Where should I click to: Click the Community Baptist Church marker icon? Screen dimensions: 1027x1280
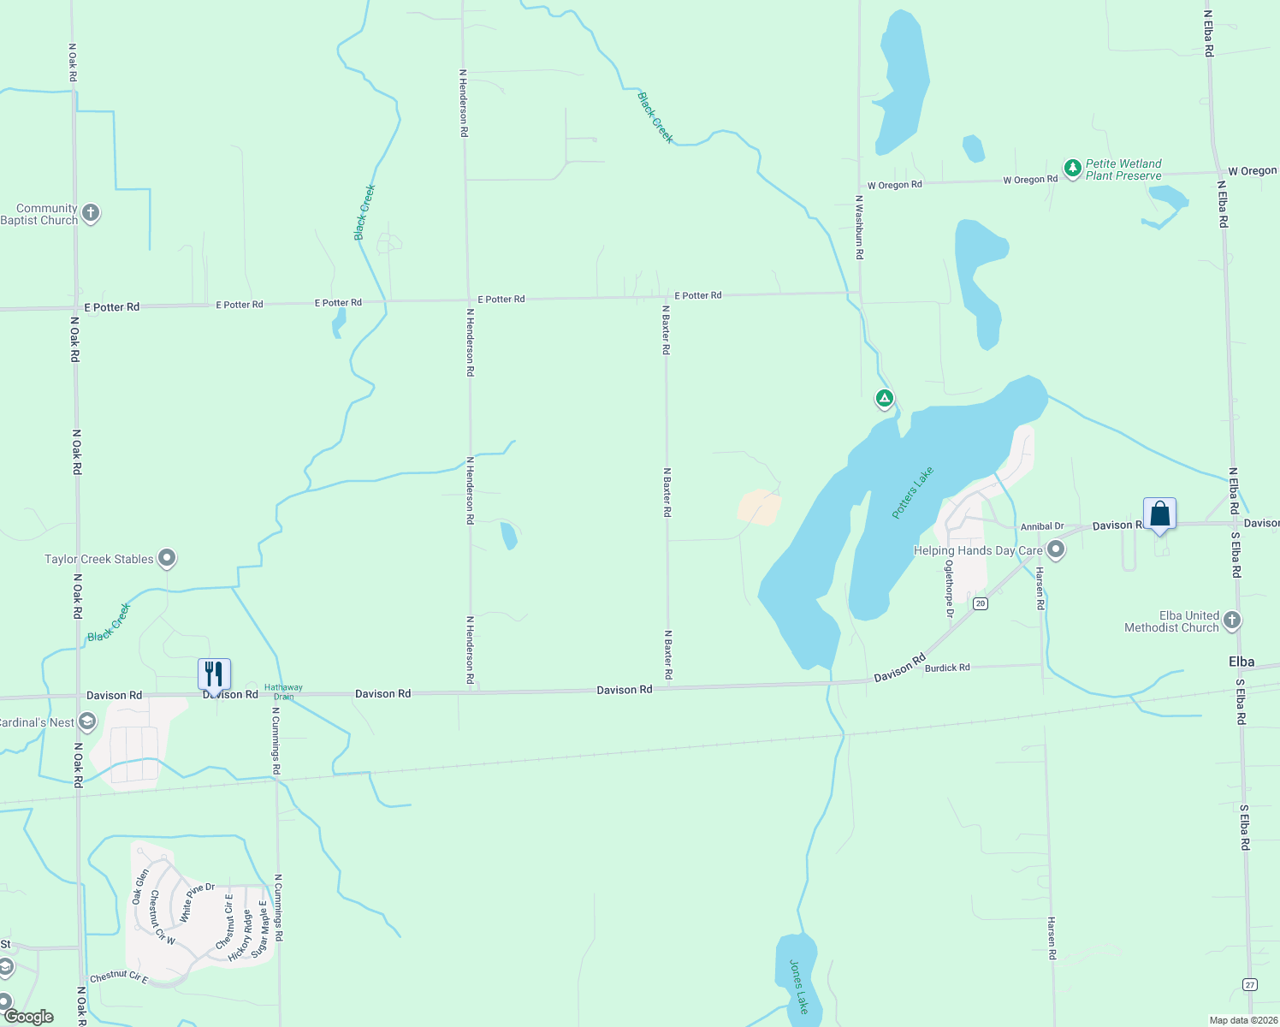pyautogui.click(x=91, y=213)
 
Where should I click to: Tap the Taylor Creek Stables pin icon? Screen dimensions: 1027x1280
pyautogui.click(x=167, y=559)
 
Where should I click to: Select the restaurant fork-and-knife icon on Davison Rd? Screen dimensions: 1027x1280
pyautogui.click(x=214, y=674)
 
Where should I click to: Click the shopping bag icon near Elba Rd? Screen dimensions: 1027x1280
pyautogui.click(x=1159, y=514)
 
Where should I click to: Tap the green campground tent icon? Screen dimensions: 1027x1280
pyautogui.click(x=884, y=399)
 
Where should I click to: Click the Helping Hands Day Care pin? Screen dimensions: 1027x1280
pyautogui.click(x=1056, y=549)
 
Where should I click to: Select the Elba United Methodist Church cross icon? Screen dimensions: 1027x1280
pyautogui.click(x=1231, y=620)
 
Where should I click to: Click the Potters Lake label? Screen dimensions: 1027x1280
pyautogui.click(x=912, y=493)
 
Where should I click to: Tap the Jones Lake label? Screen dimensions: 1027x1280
pyautogui.click(x=798, y=986)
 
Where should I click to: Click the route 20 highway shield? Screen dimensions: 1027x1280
pyautogui.click(x=981, y=603)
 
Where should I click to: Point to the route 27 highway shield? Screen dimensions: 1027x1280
pyautogui.click(x=1250, y=985)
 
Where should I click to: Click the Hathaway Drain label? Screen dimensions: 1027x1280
pyautogui.click(x=283, y=692)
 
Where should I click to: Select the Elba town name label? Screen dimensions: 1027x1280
pyautogui.click(x=1241, y=662)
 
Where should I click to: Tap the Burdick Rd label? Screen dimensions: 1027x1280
pyautogui.click(x=947, y=668)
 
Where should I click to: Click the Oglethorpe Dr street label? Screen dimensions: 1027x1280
pyautogui.click(x=949, y=589)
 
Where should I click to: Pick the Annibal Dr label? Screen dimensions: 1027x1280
pyautogui.click(x=1041, y=526)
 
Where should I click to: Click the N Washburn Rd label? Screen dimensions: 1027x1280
pyautogui.click(x=859, y=227)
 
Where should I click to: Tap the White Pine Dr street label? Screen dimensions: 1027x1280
pyautogui.click(x=197, y=902)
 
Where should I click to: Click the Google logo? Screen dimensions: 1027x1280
pyautogui.click(x=28, y=1017)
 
